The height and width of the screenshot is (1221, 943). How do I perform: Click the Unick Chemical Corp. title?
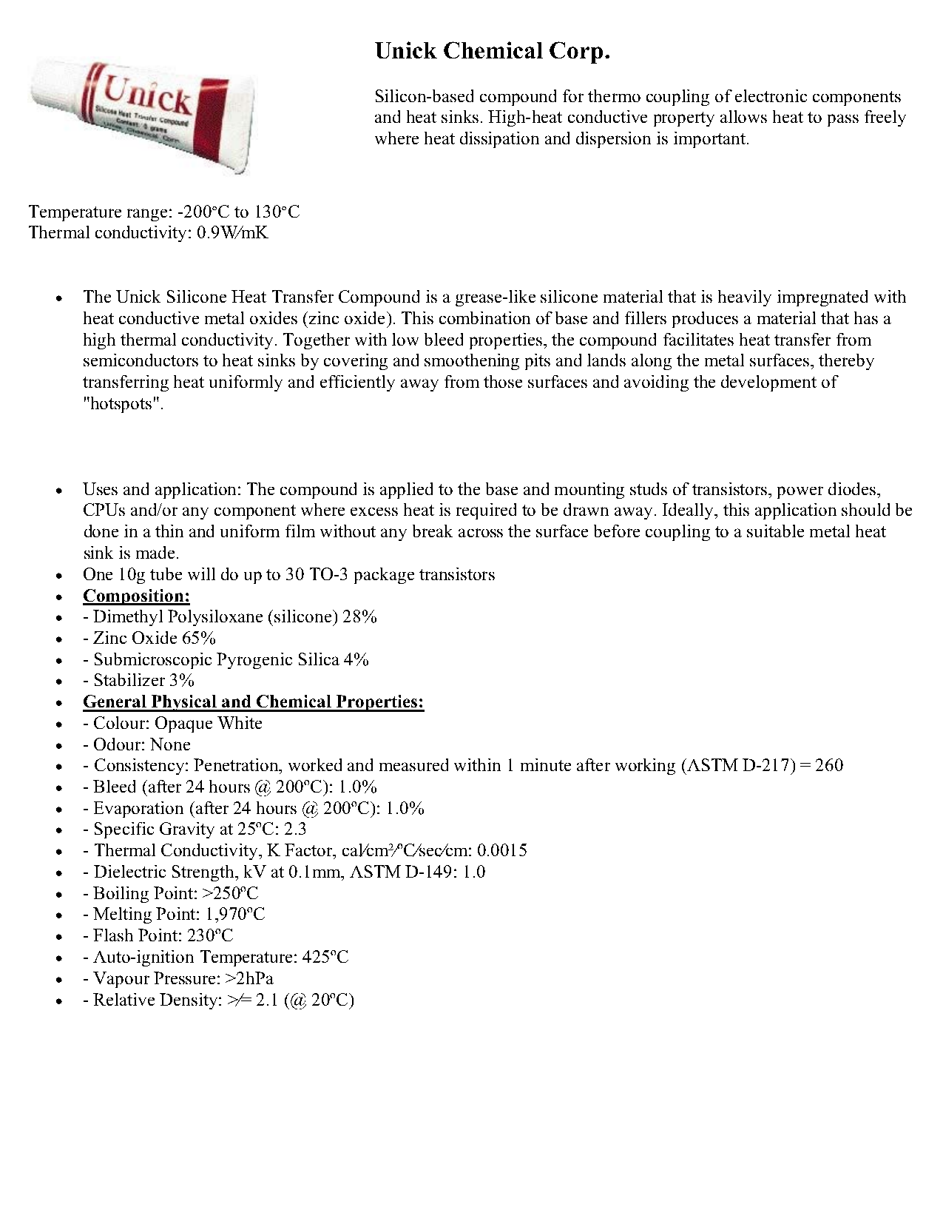[x=492, y=51]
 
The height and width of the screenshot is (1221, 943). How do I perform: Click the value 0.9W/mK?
[x=232, y=233]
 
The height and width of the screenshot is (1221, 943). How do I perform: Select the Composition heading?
[x=136, y=596]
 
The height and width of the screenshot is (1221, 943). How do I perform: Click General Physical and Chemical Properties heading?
[x=253, y=702]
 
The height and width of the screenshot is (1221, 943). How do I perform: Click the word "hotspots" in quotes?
[x=122, y=404]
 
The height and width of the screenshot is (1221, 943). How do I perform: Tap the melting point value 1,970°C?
[x=234, y=915]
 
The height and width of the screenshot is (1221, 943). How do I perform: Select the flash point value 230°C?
[x=209, y=936]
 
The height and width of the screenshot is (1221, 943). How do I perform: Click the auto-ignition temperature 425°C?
[x=325, y=958]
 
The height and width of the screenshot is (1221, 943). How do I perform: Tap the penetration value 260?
[x=828, y=766]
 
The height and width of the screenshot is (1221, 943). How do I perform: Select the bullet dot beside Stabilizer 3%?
[x=59, y=682]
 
